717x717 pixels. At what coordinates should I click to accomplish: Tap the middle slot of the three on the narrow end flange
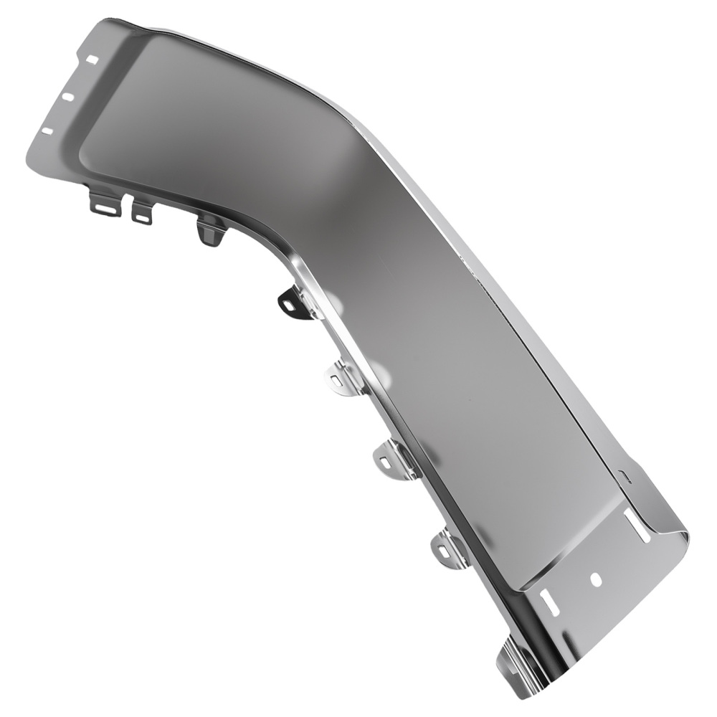click(69, 95)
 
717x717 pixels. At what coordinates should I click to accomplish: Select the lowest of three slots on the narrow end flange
click(47, 131)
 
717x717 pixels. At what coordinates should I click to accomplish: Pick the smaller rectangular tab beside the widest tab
click(142, 212)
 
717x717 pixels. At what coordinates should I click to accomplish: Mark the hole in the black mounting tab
click(288, 305)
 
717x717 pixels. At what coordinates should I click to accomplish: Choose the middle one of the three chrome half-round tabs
click(392, 459)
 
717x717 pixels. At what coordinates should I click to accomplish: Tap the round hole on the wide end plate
click(595, 579)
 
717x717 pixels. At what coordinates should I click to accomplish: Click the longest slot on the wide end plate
click(637, 526)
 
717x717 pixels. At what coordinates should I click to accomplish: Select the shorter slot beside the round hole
click(550, 601)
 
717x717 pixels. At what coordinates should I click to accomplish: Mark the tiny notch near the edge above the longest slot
click(624, 475)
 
